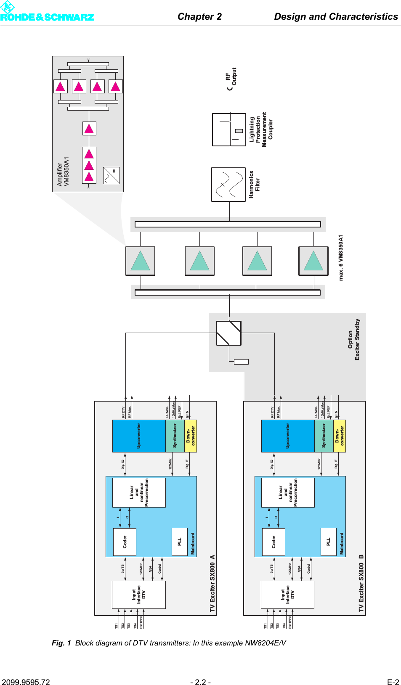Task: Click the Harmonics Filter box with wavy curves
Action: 228,185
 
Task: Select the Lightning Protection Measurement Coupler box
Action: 229,130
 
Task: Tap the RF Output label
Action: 231,77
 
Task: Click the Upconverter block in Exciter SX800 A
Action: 139,436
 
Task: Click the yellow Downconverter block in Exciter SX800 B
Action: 339,436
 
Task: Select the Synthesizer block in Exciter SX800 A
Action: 175,436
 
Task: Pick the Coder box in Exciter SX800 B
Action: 274,542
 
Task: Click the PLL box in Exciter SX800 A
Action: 180,542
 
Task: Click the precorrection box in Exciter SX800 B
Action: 288,492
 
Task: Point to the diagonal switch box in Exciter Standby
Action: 229,333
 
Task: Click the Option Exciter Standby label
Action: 354,339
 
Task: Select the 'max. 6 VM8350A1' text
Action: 341,258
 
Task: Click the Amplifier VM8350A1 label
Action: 63,172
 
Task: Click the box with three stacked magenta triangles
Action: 89,165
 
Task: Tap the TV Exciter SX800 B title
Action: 361,583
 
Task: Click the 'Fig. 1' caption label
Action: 61,643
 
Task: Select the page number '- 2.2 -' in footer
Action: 200,682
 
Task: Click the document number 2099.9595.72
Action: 26,682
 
